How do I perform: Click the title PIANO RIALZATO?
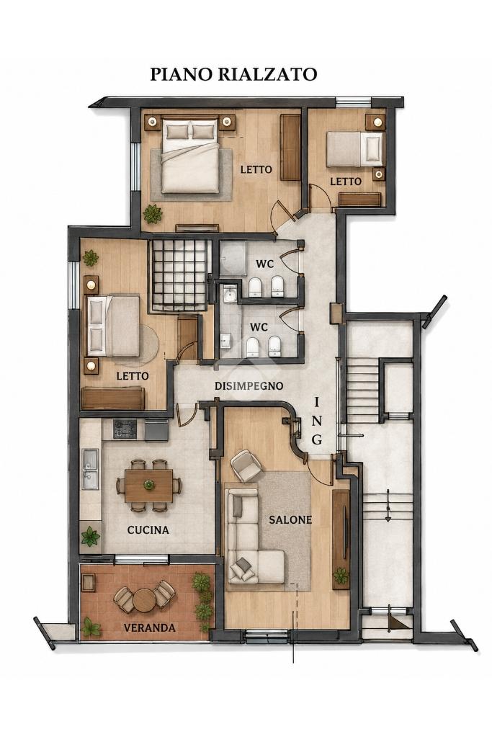point(233,74)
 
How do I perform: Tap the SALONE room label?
point(290,520)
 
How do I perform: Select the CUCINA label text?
point(148,530)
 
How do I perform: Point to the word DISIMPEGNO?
point(249,386)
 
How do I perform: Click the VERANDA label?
point(149,627)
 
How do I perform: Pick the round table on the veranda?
point(144,600)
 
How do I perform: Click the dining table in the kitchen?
point(149,486)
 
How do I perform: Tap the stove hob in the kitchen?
point(125,429)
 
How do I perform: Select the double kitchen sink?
point(90,469)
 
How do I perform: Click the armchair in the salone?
point(246,465)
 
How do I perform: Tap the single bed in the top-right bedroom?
point(355,149)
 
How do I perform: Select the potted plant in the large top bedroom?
point(153,215)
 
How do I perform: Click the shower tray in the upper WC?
point(233,258)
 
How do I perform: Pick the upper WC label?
point(264,264)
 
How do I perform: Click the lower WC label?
point(259,327)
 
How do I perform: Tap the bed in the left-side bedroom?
point(112,325)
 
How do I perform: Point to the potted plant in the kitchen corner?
point(90,537)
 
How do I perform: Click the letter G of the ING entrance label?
point(317,439)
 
